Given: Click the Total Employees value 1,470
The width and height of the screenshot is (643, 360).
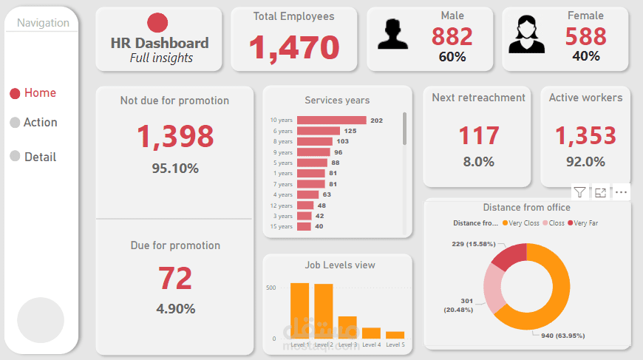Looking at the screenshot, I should [x=293, y=47].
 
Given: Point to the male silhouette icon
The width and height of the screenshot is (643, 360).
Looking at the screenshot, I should [x=392, y=35].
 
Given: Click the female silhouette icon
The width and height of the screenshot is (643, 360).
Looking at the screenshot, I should [x=526, y=35].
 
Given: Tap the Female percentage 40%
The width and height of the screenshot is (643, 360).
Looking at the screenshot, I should [x=586, y=55].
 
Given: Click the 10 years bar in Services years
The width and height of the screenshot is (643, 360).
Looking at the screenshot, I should [x=331, y=120].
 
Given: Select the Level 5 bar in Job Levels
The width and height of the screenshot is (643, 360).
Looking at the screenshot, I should [x=395, y=335].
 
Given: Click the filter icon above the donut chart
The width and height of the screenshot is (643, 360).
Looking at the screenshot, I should [x=580, y=192].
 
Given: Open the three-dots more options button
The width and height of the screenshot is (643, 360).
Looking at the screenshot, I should [x=622, y=192].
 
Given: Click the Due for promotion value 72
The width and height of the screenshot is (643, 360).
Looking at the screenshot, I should [x=175, y=278].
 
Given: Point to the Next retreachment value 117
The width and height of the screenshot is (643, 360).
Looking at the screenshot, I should [x=479, y=136].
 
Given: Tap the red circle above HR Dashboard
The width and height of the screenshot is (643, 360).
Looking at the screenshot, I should [x=157, y=23].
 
